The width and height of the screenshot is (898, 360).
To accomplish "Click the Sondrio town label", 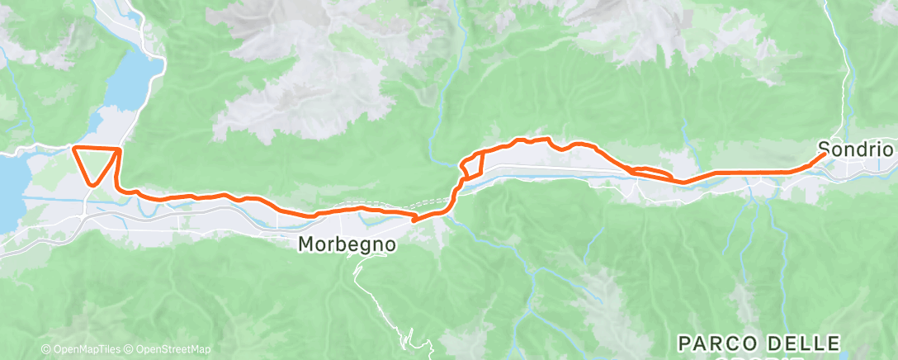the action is point(857,150).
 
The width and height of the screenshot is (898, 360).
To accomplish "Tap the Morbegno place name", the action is point(347,244).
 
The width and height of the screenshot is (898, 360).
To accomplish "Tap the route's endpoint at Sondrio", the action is point(823,154).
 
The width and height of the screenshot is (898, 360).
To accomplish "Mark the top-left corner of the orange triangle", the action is point(74,148).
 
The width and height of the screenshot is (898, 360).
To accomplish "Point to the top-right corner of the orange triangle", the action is point(121,149).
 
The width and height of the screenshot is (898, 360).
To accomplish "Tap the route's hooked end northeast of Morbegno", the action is point(414,220).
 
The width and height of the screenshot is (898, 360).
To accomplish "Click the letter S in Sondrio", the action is point(824,150).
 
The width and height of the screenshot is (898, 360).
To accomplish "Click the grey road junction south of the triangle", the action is point(86,208).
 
